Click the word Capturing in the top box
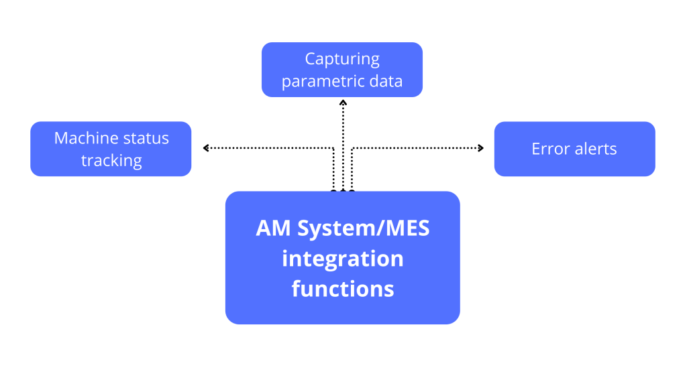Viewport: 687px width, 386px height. (x=342, y=60)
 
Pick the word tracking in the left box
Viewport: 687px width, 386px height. (x=111, y=161)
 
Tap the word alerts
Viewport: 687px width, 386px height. (x=594, y=149)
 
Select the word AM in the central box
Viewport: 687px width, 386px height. (x=274, y=229)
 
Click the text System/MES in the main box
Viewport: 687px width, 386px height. (x=362, y=229)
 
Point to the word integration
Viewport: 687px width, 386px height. (x=342, y=259)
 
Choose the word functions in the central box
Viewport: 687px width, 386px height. (x=342, y=289)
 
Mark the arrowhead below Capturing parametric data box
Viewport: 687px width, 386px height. (x=343, y=103)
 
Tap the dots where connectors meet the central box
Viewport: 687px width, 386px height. (x=343, y=191)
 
